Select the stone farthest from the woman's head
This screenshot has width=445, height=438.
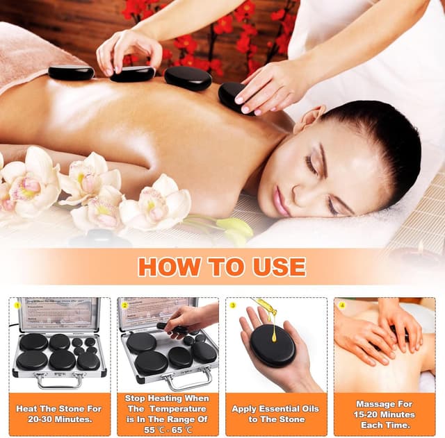pyautogui.click(x=71, y=71)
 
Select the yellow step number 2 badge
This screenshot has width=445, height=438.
pyautogui.click(x=124, y=305)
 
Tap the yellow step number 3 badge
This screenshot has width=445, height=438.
pyautogui.click(x=234, y=305)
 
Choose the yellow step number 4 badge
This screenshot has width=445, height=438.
pyautogui.click(x=342, y=305)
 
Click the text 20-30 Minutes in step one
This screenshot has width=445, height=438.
pyautogui.click(x=61, y=419)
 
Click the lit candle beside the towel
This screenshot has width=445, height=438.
pyautogui.click(x=419, y=247)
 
